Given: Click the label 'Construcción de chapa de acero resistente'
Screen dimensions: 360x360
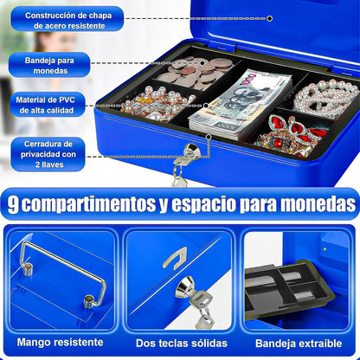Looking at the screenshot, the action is pyautogui.click(x=68, y=20).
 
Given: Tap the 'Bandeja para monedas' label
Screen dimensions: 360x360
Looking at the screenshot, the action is pyautogui.click(x=49, y=66).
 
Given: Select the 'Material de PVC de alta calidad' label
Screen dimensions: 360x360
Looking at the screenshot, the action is pyautogui.click(x=46, y=105).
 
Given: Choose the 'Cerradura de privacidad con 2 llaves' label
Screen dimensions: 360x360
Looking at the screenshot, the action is pyautogui.click(x=48, y=154).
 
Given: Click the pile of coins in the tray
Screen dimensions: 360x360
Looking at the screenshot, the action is pyautogui.click(x=196, y=72).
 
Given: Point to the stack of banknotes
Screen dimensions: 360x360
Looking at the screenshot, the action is pyautogui.click(x=241, y=104).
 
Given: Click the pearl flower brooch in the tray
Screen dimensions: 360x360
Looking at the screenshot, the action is pyautogui.click(x=325, y=98).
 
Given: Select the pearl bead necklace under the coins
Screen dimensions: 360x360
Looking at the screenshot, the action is pyautogui.click(x=157, y=103).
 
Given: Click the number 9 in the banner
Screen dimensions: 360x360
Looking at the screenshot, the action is pyautogui.click(x=13, y=204).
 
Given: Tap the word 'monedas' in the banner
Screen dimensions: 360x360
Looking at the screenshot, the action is pyautogui.click(x=318, y=204).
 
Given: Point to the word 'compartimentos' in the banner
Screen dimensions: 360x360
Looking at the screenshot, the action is pyautogui.click(x=89, y=204).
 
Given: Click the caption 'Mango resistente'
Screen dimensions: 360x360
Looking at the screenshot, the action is pyautogui.click(x=61, y=343).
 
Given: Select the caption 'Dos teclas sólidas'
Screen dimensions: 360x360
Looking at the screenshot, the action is pyautogui.click(x=182, y=344).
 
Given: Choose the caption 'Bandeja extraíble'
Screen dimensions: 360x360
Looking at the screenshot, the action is pyautogui.click(x=299, y=344).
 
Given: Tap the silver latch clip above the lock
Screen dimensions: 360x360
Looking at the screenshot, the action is pyautogui.click(x=176, y=258).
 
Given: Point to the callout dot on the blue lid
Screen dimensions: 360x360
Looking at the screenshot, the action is pyautogui.click(x=270, y=18).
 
